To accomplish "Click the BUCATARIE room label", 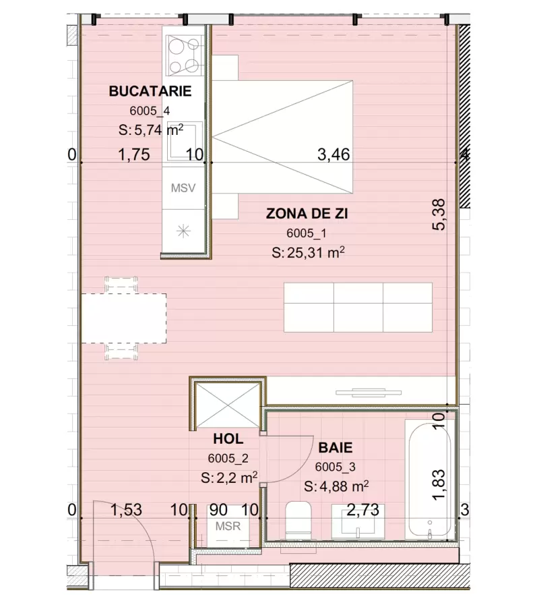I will [x=150, y=91].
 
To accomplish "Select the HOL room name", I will [x=228, y=438].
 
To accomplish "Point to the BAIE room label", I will [x=336, y=447].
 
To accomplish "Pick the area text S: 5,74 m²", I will [x=151, y=131].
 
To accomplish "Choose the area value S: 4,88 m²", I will [x=336, y=486].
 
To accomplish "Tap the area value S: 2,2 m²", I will [x=229, y=478].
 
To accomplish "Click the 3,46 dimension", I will [x=333, y=155].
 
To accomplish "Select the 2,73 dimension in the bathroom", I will [x=362, y=509].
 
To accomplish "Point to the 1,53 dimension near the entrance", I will [x=126, y=509].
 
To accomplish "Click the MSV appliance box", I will [x=183, y=188].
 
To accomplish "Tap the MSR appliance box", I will [x=224, y=526].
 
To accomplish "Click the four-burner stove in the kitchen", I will [x=183, y=56].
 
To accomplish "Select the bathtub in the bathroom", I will [x=429, y=480].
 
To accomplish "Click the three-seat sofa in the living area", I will [x=358, y=307].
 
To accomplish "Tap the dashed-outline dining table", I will [x=124, y=318].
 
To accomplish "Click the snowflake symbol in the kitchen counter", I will [x=183, y=231].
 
